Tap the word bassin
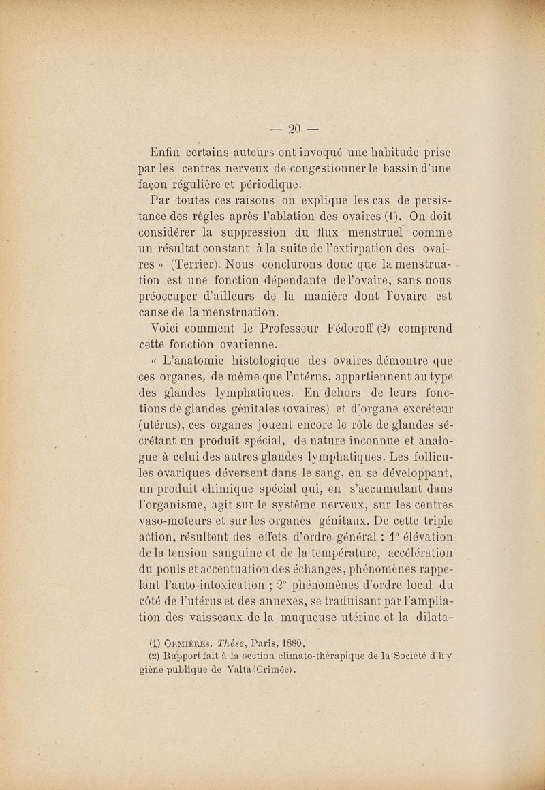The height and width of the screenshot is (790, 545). pyautogui.click(x=390, y=168)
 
